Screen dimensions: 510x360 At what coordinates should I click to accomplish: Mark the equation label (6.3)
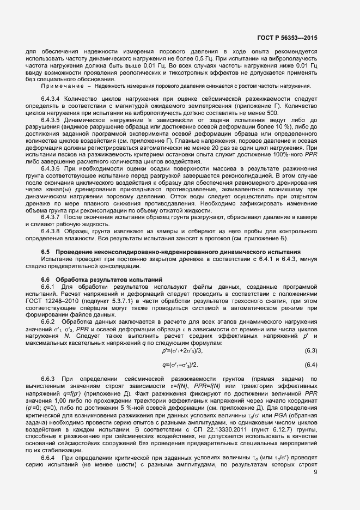pyautogui.click(x=311, y=350)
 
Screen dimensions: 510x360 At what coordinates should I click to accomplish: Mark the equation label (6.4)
pyautogui.click(x=311, y=364)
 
